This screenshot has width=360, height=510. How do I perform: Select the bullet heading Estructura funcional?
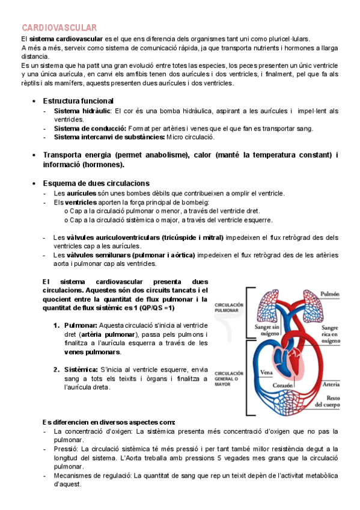[x=78, y=100]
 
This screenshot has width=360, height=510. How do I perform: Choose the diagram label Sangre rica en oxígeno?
[x=334, y=331]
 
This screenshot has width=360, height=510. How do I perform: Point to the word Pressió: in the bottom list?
[x=66, y=449]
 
